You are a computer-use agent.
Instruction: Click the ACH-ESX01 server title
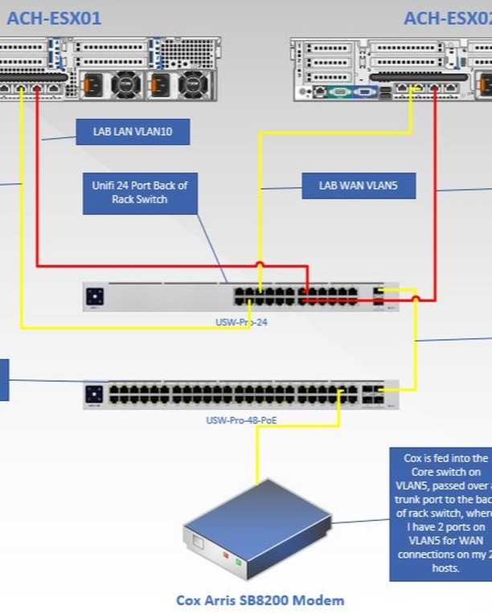pos(54,18)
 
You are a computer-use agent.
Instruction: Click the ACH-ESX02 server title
pos(447,18)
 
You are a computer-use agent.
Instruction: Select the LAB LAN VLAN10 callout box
pos(133,133)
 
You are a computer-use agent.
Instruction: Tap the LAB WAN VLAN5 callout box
pos(359,186)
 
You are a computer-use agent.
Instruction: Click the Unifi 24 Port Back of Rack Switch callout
pos(140,192)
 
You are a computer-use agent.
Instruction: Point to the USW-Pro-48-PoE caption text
pos(240,420)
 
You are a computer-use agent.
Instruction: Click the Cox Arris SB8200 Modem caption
pos(260,600)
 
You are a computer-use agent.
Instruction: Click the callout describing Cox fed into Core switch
pos(441,514)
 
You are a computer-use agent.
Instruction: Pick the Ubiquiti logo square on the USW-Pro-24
pos(94,297)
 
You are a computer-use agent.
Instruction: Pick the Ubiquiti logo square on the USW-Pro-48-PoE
pos(94,394)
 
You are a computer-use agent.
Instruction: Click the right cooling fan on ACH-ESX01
pos(192,83)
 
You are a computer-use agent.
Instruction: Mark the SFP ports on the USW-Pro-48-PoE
pos(371,394)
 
